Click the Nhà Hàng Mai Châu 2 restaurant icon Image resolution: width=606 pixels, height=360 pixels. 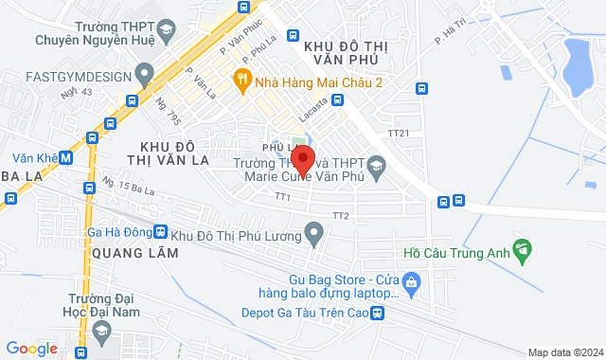pos(242,81)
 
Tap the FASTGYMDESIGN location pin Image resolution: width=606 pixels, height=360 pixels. pos(145,72)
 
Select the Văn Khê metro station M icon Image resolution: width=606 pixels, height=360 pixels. pos(64,159)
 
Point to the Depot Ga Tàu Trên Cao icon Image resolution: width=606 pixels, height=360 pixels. pos(377,313)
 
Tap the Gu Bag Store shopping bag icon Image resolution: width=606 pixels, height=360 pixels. pos(411,280)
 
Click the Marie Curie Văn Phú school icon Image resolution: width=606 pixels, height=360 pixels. pos(375,165)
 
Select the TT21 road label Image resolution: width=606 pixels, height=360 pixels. pos(399,134)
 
